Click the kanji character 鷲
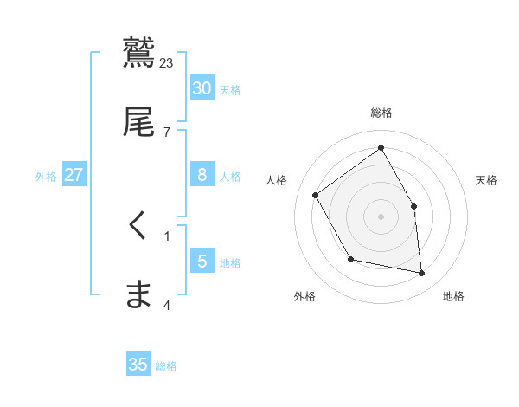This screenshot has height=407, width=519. coord(139,53)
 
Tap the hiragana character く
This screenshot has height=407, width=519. coord(138,224)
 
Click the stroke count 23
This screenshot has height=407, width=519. coord(167,62)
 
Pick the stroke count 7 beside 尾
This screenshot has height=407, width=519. coord(166,132)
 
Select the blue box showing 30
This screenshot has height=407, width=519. coord(202,87)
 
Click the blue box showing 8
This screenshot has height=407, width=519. coord(202,175)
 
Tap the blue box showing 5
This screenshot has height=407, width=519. coord(202,262)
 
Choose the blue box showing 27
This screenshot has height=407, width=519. coord(74,175)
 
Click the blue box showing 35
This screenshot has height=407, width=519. coord(138,365)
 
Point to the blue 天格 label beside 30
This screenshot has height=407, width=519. coord(230,89)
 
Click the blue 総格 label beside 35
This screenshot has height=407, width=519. coord(166,366)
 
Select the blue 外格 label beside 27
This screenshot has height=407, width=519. coord(46,177)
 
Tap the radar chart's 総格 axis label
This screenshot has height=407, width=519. coord(381,113)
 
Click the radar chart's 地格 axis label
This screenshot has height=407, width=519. coord(453,296)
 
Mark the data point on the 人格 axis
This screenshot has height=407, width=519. coord(316,195)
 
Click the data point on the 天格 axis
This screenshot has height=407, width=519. coord(413,206)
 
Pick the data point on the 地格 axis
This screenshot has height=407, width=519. coord(422,274)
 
